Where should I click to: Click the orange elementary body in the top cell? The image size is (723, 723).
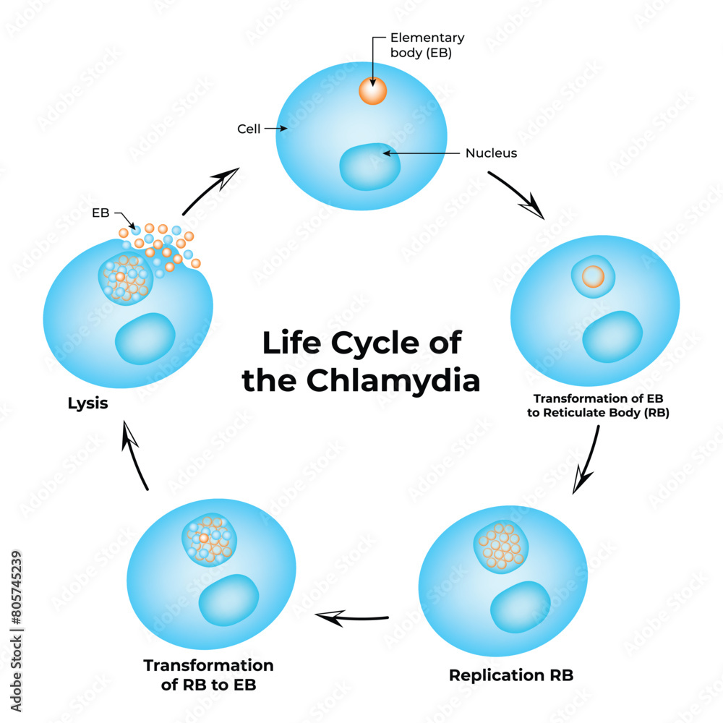(373, 91)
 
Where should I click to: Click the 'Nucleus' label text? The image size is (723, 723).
(491, 153)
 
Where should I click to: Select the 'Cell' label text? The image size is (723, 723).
(249, 129)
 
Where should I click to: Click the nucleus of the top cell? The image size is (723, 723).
(370, 165)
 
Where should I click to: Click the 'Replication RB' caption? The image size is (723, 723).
(511, 675)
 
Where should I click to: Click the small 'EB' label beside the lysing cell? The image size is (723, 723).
(100, 213)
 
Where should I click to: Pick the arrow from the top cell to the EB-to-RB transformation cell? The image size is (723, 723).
(517, 194)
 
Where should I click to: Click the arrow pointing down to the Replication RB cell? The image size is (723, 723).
(587, 460)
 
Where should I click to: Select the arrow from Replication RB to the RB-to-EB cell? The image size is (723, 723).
(352, 617)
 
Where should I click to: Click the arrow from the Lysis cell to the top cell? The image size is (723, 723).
(210, 190)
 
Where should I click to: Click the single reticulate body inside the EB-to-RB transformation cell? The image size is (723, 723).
(593, 277)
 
